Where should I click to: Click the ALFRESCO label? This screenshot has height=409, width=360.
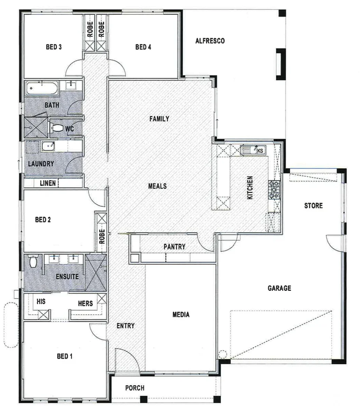click(210, 41)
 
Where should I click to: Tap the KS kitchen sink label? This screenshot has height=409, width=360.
click(260, 151)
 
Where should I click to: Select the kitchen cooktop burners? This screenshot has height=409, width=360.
click(274, 190)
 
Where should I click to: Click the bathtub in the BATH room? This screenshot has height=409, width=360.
click(42, 89)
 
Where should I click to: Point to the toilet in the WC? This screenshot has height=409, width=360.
click(57, 128)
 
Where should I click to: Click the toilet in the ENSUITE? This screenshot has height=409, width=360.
click(33, 262)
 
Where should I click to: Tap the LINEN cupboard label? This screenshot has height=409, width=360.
click(48, 183)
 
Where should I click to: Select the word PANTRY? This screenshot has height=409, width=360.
click(174, 247)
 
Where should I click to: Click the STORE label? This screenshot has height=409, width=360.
click(313, 206)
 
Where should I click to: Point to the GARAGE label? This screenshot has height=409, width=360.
click(279, 288)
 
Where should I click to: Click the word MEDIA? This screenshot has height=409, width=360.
click(181, 315)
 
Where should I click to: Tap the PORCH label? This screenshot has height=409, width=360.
click(135, 388)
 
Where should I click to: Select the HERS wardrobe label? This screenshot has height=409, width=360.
click(85, 303)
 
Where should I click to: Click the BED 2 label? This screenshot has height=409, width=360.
click(43, 219)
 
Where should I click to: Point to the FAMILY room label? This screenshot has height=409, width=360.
click(159, 119)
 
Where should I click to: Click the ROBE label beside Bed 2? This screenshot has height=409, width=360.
click(101, 237)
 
